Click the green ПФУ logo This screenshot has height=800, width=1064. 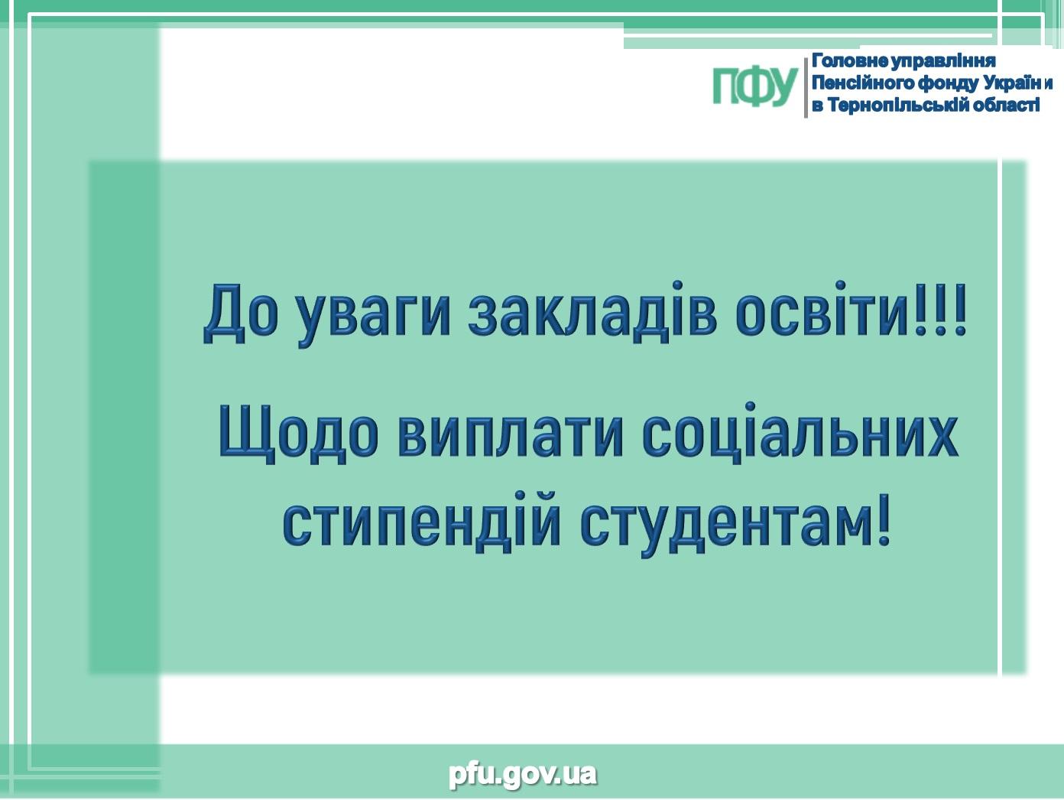(x=754, y=86)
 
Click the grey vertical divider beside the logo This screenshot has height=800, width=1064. (x=806, y=87)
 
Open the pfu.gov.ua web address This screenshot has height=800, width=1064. (x=523, y=774)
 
